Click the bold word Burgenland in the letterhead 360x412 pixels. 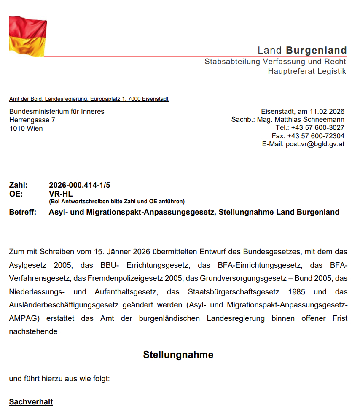[x=316, y=51]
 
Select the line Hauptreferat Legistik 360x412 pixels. [x=307, y=71]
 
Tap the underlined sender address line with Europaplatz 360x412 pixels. [x=89, y=99]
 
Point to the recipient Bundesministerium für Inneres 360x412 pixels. [x=57, y=112]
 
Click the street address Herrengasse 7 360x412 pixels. [x=32, y=120]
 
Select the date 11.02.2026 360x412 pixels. [x=327, y=112]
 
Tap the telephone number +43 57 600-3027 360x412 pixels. [x=316, y=128]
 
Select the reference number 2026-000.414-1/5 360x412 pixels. [x=80, y=185]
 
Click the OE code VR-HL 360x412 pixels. [x=61, y=194]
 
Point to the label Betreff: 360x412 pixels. [x=23, y=212]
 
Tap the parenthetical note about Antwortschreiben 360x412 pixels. [x=117, y=202]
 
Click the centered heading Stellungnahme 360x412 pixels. [x=178, y=355]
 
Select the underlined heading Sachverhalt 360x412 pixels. [x=31, y=402]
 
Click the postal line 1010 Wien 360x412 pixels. [x=26, y=128]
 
